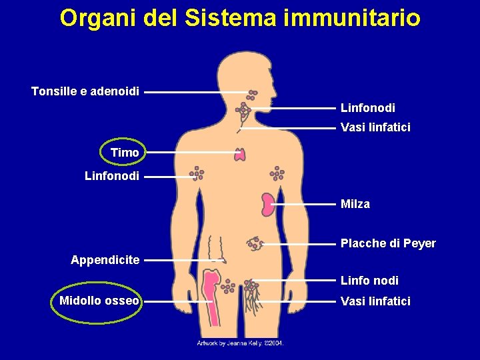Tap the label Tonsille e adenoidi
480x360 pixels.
[x=85, y=91]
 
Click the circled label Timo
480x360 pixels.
[x=125, y=153]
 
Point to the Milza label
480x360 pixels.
[x=355, y=204]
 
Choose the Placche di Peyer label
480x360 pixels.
[x=388, y=243]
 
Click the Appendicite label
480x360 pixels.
[x=105, y=260]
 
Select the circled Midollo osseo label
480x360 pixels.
[x=99, y=301]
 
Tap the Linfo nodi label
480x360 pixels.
[x=369, y=281]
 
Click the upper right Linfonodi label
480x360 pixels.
[x=367, y=107]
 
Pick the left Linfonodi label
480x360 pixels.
[x=112, y=177]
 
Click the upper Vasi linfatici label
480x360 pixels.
[x=375, y=127]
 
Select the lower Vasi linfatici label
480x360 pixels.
[x=375, y=301]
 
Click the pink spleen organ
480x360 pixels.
[x=268, y=204]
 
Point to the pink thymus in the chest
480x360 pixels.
[x=240, y=155]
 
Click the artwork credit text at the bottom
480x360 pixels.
[x=240, y=343]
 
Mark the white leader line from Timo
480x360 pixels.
[x=190, y=153]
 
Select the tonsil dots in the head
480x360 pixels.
[x=252, y=95]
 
